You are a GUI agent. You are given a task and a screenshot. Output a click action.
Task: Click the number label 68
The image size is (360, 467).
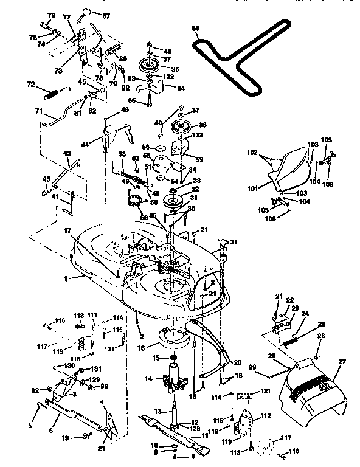click(x=195, y=28)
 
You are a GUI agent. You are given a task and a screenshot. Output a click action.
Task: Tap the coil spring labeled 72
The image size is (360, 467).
click(x=53, y=94)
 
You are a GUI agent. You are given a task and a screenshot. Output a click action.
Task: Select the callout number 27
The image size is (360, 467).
click(x=342, y=362)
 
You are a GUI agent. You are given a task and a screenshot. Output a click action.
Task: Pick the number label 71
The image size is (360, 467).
click(x=38, y=111)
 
